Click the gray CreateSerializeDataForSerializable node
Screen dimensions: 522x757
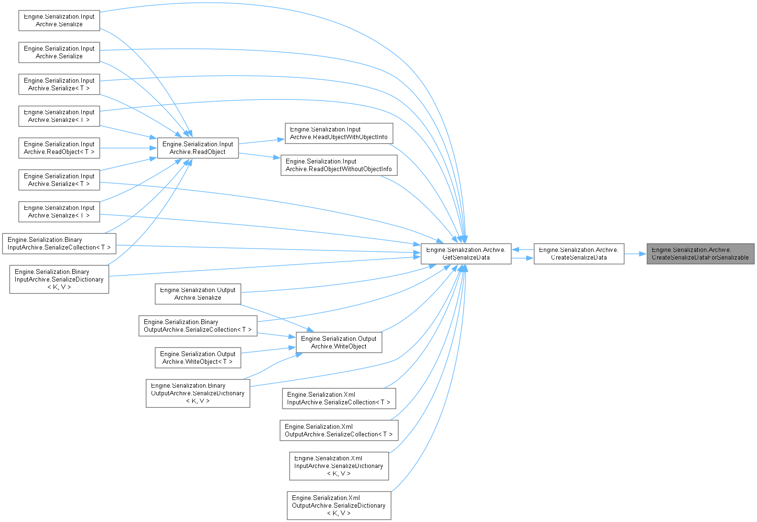pos(700,254)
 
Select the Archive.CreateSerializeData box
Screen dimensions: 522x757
pos(578,254)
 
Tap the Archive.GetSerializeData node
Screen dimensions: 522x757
pos(465,254)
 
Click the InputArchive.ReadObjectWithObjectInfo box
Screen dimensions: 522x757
pos(339,133)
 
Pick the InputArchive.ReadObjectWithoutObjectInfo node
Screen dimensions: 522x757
pos(339,165)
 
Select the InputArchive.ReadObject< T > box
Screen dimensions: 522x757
pos(59,148)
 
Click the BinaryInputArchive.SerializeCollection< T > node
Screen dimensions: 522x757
pos(59,244)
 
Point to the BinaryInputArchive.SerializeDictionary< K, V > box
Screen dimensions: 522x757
pos(59,280)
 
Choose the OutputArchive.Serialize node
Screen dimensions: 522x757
pos(198,294)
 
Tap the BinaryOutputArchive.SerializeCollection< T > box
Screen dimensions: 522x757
pos(198,326)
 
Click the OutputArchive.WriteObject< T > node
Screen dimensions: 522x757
pos(198,358)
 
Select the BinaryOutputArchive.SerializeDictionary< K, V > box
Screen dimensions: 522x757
pos(198,393)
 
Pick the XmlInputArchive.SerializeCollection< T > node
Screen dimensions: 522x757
pos(339,399)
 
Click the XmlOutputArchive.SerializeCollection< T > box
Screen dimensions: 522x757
pos(339,431)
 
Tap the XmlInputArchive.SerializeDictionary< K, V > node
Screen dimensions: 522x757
pos(339,466)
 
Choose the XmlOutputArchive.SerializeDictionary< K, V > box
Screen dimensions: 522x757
pos(339,506)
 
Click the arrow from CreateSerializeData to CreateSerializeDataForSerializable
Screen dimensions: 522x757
pos(635,254)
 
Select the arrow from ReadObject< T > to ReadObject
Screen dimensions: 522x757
pos(129,148)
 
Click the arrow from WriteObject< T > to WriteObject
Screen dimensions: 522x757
pos(268,350)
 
